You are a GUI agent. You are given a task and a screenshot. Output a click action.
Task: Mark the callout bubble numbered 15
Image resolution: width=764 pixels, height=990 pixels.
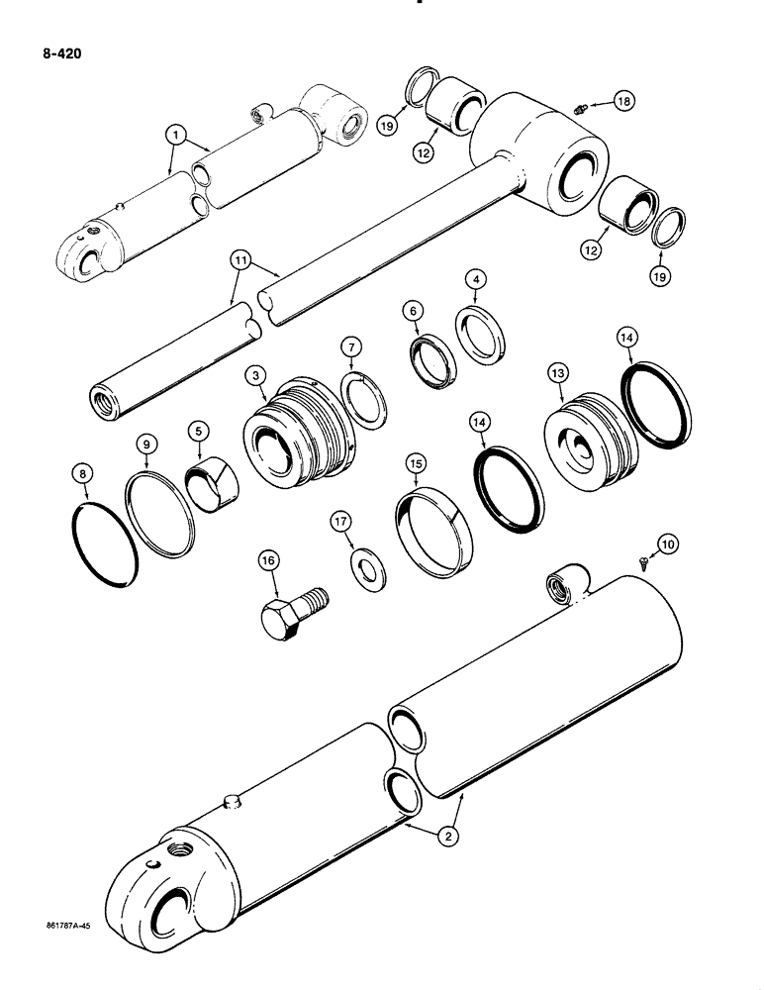point(416,463)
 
